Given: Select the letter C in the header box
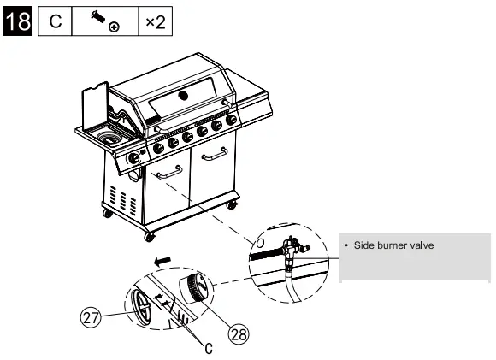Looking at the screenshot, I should tap(54, 22).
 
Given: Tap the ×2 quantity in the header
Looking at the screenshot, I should tap(155, 22).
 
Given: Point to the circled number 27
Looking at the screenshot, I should tap(91, 316).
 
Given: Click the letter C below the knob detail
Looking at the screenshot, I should tap(207, 347).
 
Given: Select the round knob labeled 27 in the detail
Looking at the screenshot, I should tap(143, 304).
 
